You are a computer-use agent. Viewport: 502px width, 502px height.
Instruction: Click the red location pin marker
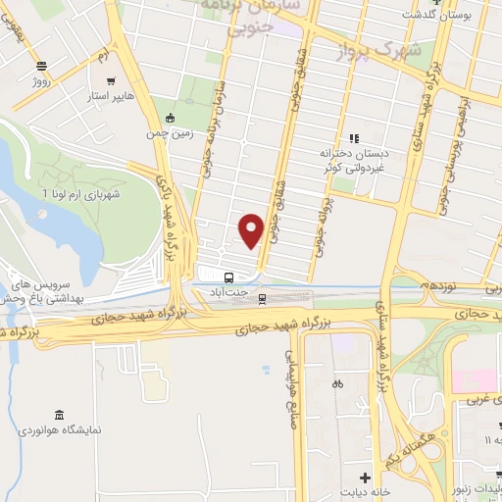point(251,229)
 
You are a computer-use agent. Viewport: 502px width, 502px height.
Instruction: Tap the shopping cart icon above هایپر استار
point(112,82)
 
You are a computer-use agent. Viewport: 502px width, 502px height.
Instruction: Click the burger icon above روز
point(41,66)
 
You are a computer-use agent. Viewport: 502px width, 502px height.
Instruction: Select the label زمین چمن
point(171,130)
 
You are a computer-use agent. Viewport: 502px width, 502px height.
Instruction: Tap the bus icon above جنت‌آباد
point(228,277)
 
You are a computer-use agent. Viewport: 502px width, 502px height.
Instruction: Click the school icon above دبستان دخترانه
point(355,138)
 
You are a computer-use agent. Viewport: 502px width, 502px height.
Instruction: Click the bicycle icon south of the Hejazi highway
point(338,383)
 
